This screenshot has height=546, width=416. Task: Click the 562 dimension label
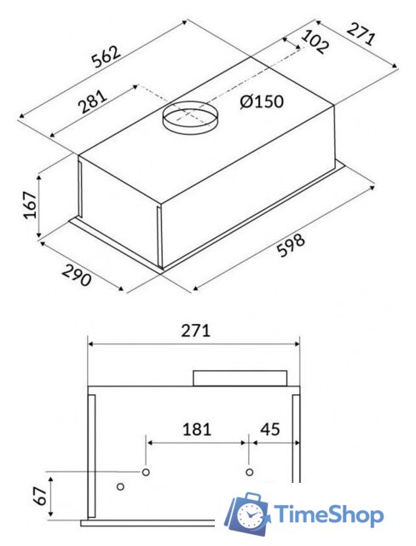(x=107, y=56)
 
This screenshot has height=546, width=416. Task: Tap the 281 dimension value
(x=93, y=102)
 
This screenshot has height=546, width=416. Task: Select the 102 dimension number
(x=314, y=42)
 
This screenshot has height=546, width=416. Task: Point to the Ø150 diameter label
(x=262, y=102)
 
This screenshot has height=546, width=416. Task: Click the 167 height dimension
(x=30, y=205)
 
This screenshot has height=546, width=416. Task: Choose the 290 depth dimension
(x=77, y=275)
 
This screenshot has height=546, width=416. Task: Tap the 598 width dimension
(x=292, y=246)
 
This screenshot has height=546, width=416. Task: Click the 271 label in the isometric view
(x=361, y=34)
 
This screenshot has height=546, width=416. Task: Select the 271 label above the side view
(x=196, y=331)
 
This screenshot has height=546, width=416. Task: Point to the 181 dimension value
(x=197, y=429)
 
